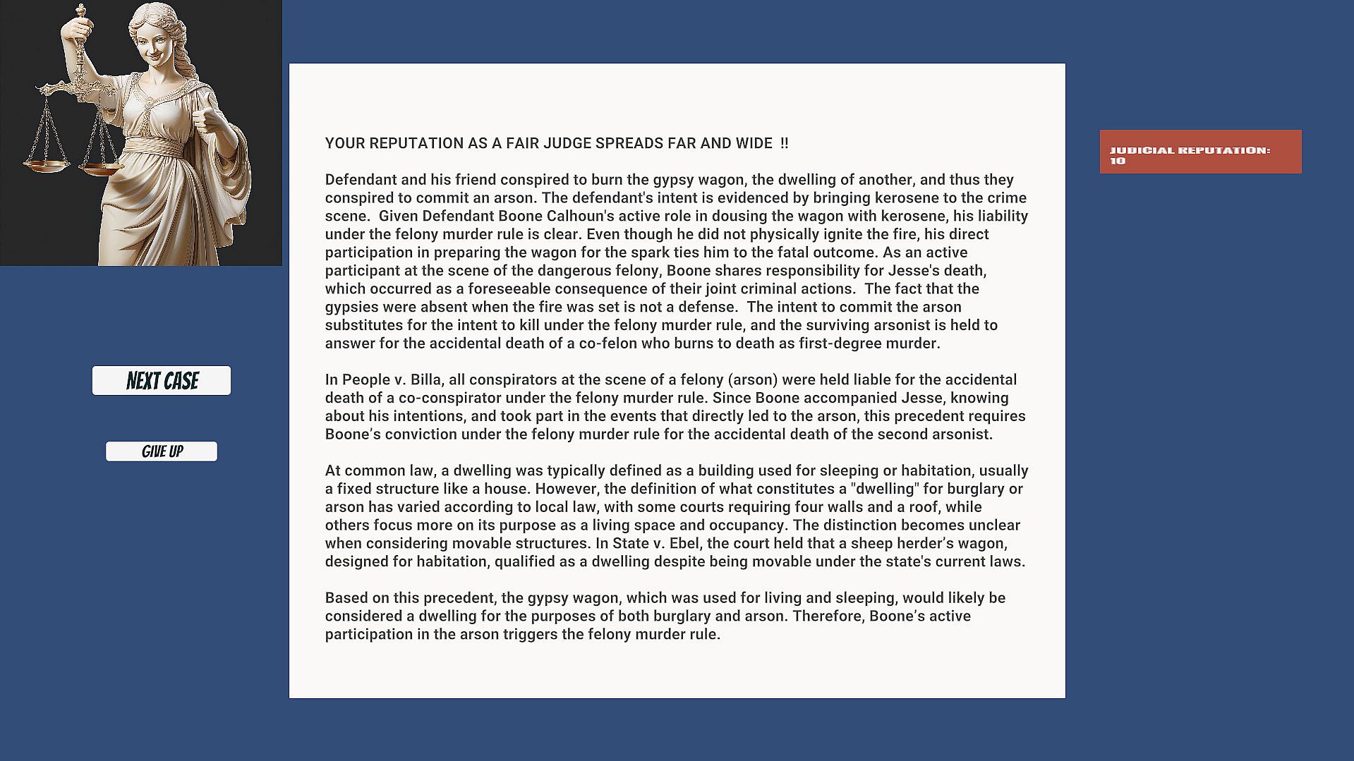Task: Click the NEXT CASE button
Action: coord(162,381)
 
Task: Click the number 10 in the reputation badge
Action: coord(1118,162)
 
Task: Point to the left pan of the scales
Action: coord(46,165)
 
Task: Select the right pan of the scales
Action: coord(99,169)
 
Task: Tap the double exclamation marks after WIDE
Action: coord(785,144)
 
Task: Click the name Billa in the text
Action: coord(423,380)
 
